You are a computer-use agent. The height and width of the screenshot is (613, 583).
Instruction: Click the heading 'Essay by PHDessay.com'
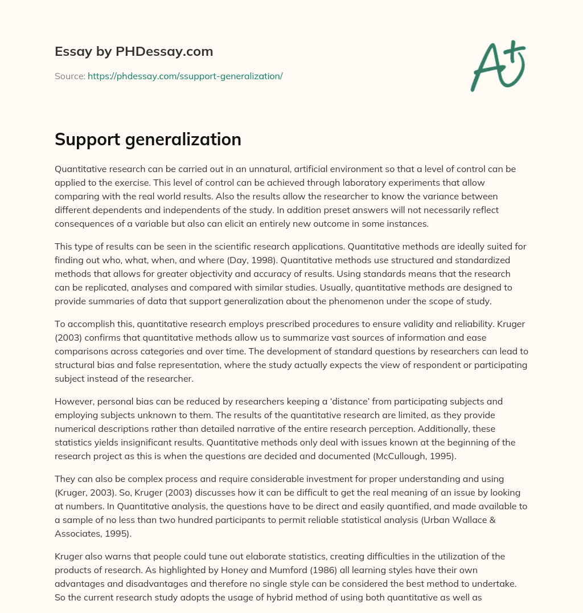(x=134, y=52)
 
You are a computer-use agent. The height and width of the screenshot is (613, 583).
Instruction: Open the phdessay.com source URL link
(x=185, y=76)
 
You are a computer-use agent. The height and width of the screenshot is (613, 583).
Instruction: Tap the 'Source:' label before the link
(x=70, y=76)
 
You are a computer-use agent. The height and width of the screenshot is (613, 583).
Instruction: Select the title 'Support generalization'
(x=148, y=140)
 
